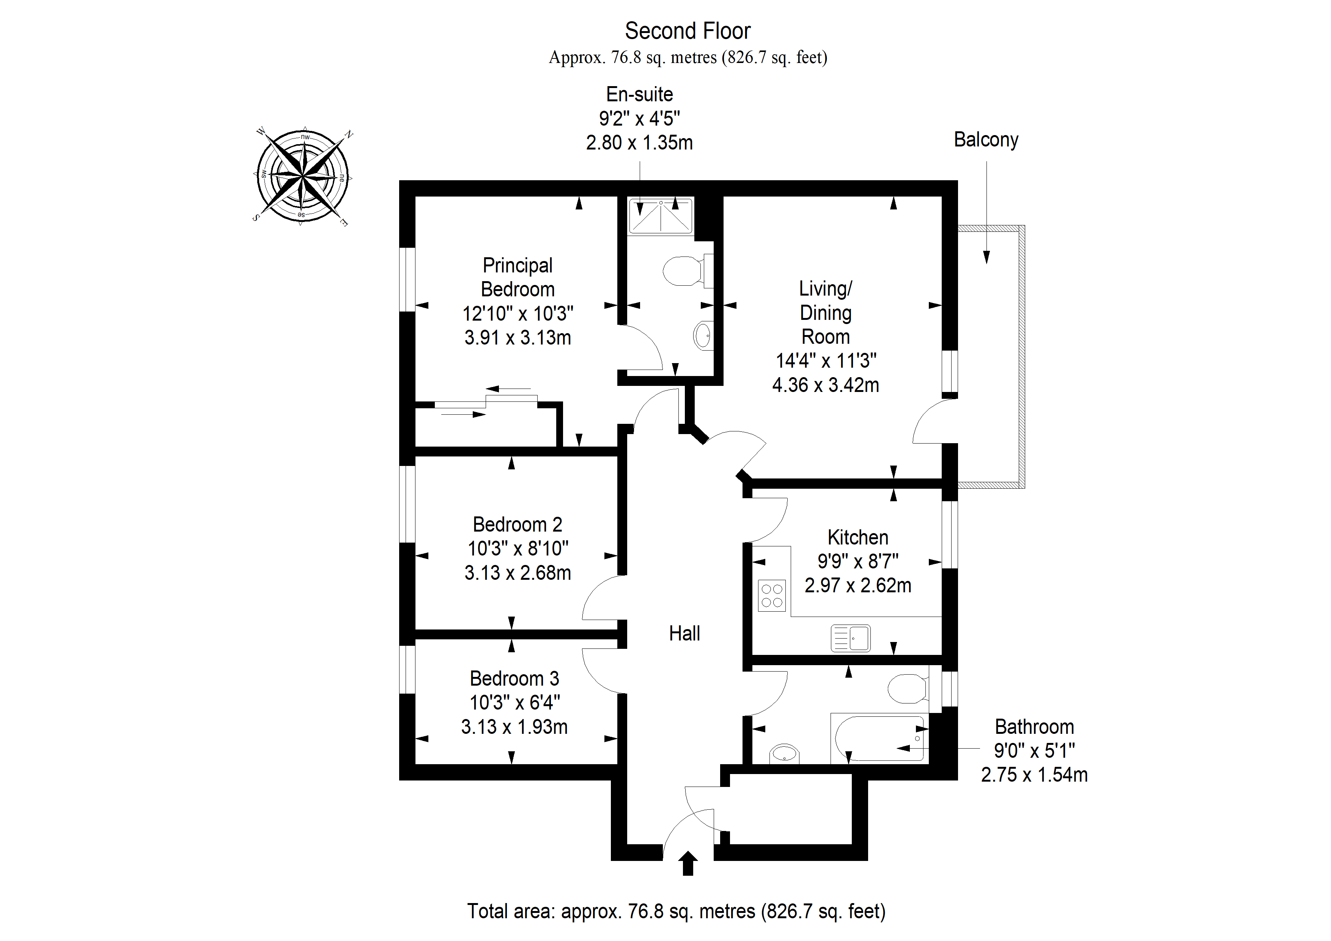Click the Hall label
pyautogui.click(x=684, y=633)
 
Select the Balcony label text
pyautogui.click(x=986, y=140)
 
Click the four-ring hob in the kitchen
pyautogui.click(x=772, y=595)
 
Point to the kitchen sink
pyautogui.click(x=850, y=638)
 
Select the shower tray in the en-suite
pyautogui.click(x=661, y=216)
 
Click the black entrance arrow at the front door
pyautogui.click(x=688, y=863)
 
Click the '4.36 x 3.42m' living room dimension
pyautogui.click(x=826, y=385)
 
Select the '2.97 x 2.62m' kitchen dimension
pyautogui.click(x=858, y=585)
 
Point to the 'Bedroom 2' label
pyautogui.click(x=518, y=525)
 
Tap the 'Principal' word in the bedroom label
pyautogui.click(x=518, y=266)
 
